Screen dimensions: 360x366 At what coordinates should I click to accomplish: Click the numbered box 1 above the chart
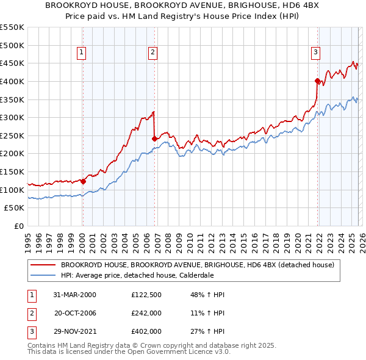(x=82, y=53)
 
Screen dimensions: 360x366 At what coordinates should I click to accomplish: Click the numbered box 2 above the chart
(x=152, y=53)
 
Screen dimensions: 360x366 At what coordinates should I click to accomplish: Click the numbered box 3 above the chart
(x=315, y=53)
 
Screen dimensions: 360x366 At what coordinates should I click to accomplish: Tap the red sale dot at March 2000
(x=84, y=181)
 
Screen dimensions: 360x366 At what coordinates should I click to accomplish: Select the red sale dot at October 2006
(x=154, y=138)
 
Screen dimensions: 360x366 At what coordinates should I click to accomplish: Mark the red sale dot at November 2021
(x=317, y=81)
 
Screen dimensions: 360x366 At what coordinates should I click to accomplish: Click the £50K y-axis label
(x=15, y=208)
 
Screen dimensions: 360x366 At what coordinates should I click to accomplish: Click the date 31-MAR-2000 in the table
(x=74, y=295)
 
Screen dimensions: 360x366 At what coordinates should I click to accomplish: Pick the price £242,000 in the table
(x=146, y=313)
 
